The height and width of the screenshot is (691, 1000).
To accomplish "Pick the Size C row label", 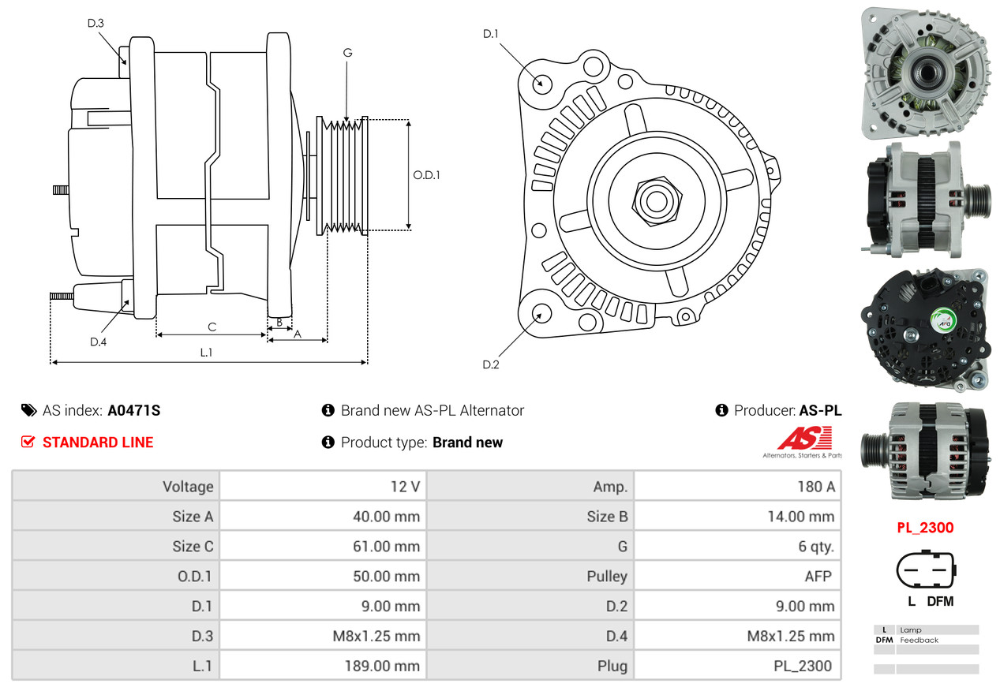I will coord(193,546).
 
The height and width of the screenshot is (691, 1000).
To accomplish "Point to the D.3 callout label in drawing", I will coord(96,24).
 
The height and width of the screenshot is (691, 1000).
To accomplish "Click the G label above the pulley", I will coord(347,53).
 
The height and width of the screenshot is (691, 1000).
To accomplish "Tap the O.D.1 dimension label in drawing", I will coord(426,175).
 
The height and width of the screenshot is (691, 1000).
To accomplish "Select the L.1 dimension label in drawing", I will coord(206,353).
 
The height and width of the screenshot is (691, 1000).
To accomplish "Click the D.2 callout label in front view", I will coord(491,364).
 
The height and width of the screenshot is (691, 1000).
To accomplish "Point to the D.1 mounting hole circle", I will coord(541,83).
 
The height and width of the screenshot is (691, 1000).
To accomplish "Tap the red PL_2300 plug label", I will coord(924,528).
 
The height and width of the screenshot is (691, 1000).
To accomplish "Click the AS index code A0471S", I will coord(134,410).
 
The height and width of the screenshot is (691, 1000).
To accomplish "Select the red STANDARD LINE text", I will coord(98,443).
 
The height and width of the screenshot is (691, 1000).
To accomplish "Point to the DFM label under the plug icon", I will coord(940,601).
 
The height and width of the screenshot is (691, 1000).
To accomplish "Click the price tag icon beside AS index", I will coord(28,410).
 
